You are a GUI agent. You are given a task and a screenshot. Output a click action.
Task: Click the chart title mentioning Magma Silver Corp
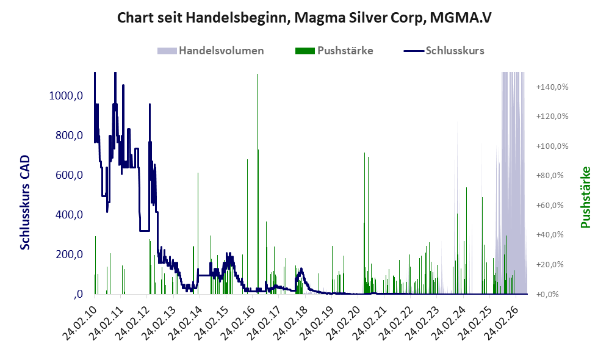click(304, 18)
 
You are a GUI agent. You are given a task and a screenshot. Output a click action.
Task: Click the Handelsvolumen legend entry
click(211, 51)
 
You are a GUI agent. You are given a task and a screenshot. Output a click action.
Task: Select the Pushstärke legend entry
click(334, 51)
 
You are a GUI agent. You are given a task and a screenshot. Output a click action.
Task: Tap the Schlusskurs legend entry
click(444, 51)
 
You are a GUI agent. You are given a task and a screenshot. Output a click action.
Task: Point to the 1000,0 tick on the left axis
click(66, 96)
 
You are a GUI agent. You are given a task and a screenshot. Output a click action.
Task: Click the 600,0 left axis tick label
click(69, 175)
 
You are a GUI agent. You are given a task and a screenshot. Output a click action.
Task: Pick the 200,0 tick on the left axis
click(69, 254)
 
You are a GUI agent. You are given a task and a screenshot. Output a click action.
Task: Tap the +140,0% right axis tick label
click(552, 87)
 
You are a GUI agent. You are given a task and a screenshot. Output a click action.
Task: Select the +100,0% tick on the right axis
click(552, 146)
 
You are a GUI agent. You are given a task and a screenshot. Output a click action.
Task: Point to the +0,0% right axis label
click(547, 294)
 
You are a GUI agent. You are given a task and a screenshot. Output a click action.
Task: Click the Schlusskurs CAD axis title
click(25, 203)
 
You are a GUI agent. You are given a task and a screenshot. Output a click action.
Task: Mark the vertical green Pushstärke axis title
click(586, 197)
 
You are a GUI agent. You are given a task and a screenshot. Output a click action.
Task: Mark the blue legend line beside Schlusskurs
click(414, 51)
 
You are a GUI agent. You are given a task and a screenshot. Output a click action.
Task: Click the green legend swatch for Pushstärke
click(305, 51)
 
